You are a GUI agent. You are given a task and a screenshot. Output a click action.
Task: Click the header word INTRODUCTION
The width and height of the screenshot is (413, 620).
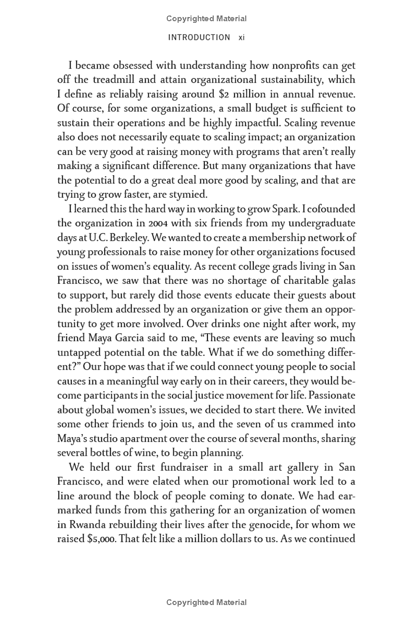(199, 37)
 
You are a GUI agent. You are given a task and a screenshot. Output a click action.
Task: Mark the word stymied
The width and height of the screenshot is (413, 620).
(187, 194)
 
